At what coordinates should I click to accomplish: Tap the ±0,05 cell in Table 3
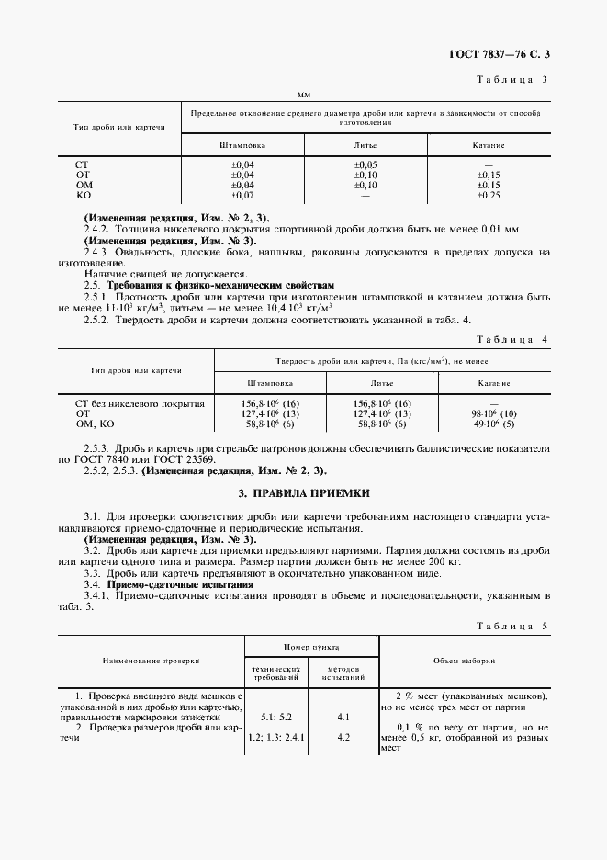click(x=365, y=164)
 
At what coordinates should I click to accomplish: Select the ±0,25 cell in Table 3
click(x=488, y=195)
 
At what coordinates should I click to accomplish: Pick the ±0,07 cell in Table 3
click(x=242, y=195)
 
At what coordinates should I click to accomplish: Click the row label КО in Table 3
click(x=84, y=195)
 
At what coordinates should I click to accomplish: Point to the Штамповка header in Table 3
click(x=242, y=145)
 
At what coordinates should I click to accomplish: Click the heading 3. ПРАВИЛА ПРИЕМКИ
click(x=303, y=493)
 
